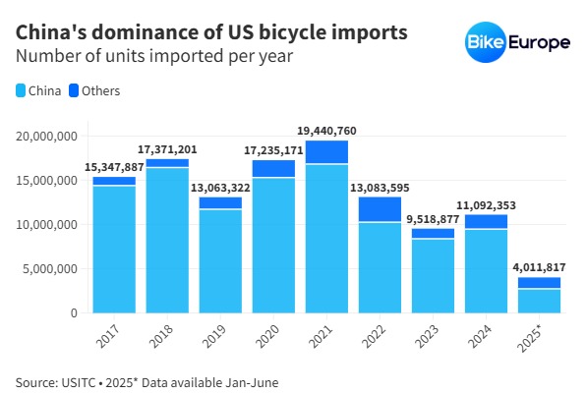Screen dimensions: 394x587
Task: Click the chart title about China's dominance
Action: tap(211, 32)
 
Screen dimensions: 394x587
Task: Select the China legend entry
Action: tap(39, 91)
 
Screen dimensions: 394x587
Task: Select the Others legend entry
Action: tap(94, 91)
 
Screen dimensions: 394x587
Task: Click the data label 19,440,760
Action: tap(326, 130)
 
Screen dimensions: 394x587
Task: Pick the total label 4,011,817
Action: tap(539, 267)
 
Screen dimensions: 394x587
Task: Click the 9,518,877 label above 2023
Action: tap(433, 219)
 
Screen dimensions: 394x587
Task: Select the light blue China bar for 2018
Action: tap(167, 240)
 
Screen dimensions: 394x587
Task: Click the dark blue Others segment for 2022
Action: tap(380, 209)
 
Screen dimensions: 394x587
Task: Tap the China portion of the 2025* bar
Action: tap(539, 301)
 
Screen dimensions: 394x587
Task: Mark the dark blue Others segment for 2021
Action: tap(326, 151)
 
